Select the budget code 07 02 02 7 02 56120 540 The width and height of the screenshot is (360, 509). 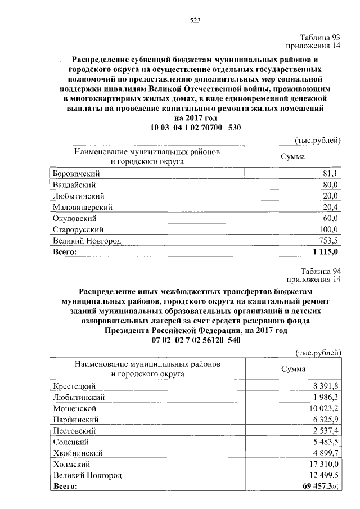(x=196, y=341)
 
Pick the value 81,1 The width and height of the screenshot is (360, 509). (x=330, y=174)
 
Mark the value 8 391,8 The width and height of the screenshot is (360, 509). (x=325, y=386)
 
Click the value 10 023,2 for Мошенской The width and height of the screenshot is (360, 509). (x=323, y=408)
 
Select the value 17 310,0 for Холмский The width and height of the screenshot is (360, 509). (x=323, y=464)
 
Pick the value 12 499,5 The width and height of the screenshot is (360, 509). (x=323, y=475)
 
